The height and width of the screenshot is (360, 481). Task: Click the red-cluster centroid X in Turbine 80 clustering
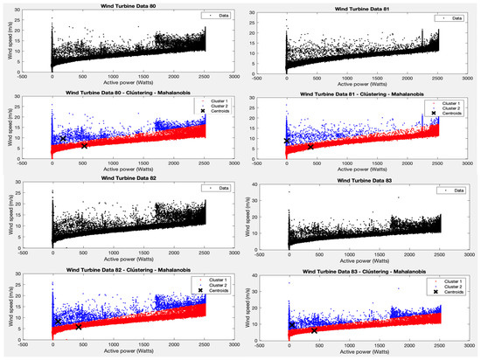84,146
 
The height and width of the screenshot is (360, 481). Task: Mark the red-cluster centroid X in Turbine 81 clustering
310,147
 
